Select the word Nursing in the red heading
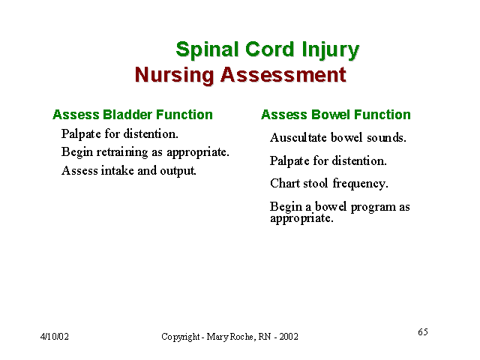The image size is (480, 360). pyautogui.click(x=174, y=75)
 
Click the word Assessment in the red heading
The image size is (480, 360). pyautogui.click(x=283, y=74)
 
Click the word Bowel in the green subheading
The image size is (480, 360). pyautogui.click(x=331, y=115)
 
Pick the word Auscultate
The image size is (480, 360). pyautogui.click(x=298, y=137)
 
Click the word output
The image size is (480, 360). pyautogui.click(x=178, y=171)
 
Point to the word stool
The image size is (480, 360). pyautogui.click(x=316, y=183)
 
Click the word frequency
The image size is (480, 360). pyautogui.click(x=360, y=184)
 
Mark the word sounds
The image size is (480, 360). pyautogui.click(x=386, y=137)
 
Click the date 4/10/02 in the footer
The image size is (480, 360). pyautogui.click(x=55, y=337)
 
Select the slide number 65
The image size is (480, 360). pyautogui.click(x=423, y=331)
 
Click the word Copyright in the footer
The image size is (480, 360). pyautogui.click(x=180, y=337)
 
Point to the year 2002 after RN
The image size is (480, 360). pyautogui.click(x=288, y=337)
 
